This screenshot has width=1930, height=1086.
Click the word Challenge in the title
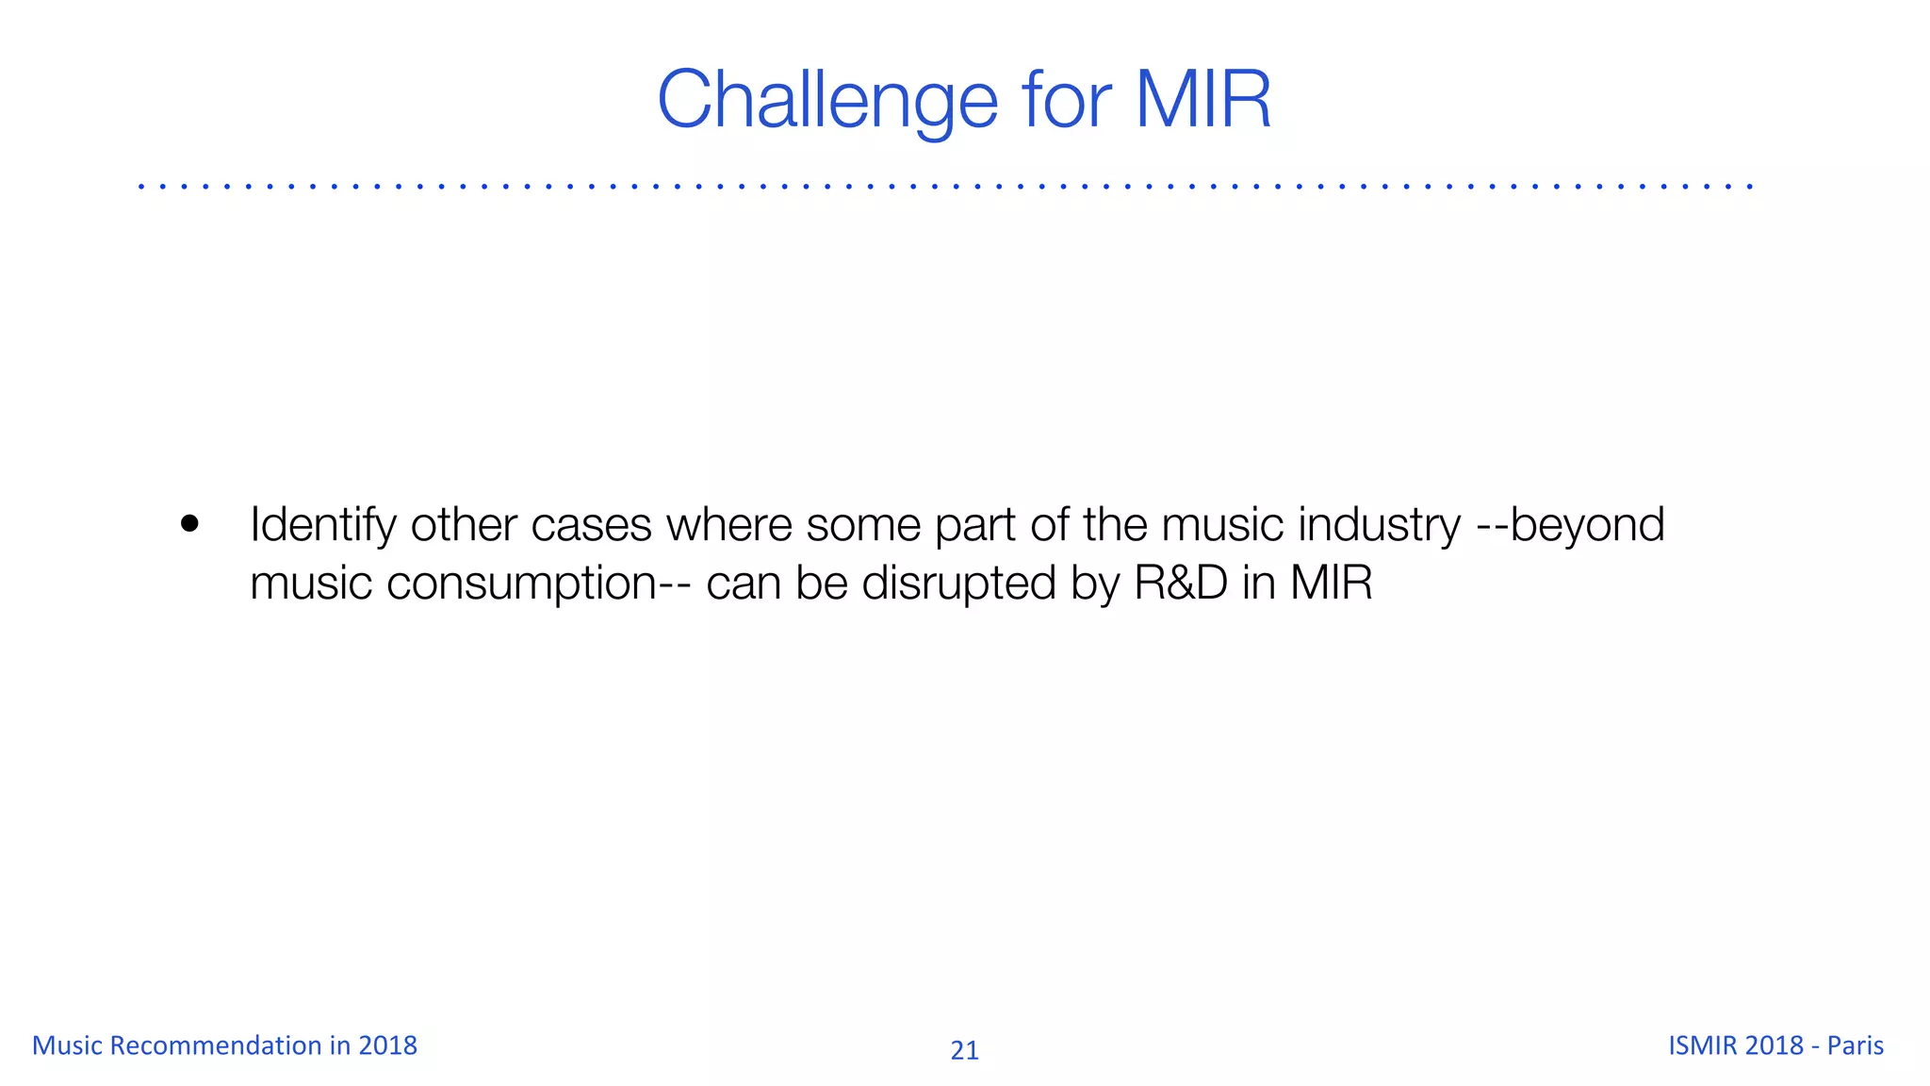[827, 100]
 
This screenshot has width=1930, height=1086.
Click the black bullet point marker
[190, 524]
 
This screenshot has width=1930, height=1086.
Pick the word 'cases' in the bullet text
[591, 525]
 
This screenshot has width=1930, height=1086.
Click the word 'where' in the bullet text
[728, 524]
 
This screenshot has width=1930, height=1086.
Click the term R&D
[1181, 583]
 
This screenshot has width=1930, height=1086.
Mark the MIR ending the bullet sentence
[1331, 583]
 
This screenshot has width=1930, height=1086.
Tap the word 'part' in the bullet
[974, 526]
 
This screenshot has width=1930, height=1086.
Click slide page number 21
[964, 1050]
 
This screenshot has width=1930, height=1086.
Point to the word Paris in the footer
[1855, 1045]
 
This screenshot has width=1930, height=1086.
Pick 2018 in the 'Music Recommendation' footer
[387, 1045]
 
